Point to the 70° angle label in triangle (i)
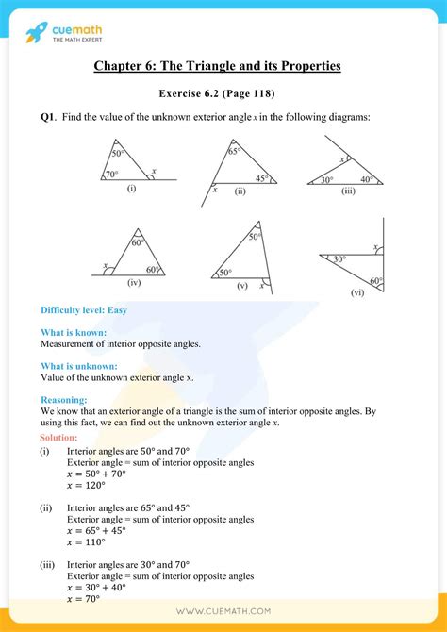pyautogui.click(x=111, y=174)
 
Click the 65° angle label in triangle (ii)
pyautogui.click(x=234, y=150)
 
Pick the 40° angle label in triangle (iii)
pyautogui.click(x=366, y=179)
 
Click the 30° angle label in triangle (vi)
pyautogui.click(x=338, y=258)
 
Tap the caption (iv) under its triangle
pyautogui.click(x=134, y=282)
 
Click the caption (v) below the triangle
pyautogui.click(x=242, y=285)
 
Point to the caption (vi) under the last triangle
pyautogui.click(x=356, y=293)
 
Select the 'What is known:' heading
pyautogui.click(x=74, y=332)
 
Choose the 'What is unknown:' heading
pyautogui.click(x=79, y=365)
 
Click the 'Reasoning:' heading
pyautogui.click(x=64, y=400)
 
